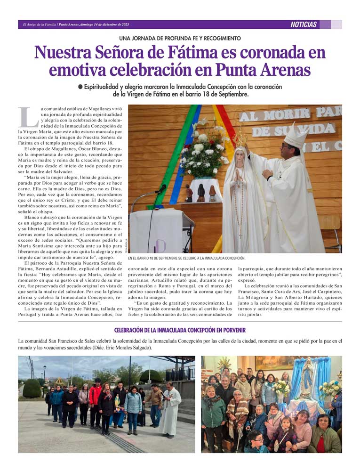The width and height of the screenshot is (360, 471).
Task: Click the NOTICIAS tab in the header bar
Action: (x=304, y=24)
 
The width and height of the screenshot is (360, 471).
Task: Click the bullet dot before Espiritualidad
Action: (x=80, y=87)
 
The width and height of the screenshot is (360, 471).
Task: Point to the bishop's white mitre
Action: (x=295, y=136)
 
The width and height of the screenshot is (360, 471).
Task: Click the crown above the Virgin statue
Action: (x=240, y=138)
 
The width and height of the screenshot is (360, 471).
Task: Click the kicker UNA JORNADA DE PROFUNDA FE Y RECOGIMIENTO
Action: (x=180, y=38)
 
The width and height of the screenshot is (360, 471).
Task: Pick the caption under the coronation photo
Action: (x=187, y=258)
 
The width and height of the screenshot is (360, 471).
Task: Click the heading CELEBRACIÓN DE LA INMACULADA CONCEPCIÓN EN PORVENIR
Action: (x=180, y=330)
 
